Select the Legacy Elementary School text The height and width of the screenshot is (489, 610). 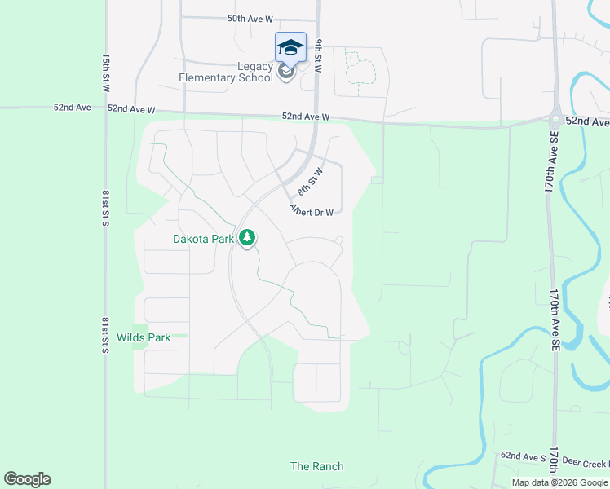tap(227, 73)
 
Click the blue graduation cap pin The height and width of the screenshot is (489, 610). tap(290, 47)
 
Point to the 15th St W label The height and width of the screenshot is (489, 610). tap(106, 73)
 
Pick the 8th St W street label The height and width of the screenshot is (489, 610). tap(310, 182)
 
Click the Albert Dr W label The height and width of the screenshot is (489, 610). tap(312, 212)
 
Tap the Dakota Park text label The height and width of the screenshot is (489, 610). tap(203, 239)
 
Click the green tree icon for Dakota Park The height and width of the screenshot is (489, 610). tap(247, 238)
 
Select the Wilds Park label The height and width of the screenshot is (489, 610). tap(144, 337)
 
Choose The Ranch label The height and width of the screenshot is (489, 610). tap(317, 466)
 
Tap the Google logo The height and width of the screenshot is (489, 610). tap(27, 479)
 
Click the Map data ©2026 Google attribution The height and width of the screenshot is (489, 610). tap(559, 482)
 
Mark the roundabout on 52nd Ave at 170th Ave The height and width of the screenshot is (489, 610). tap(555, 118)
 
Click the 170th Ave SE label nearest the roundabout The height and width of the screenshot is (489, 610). tap(552, 161)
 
